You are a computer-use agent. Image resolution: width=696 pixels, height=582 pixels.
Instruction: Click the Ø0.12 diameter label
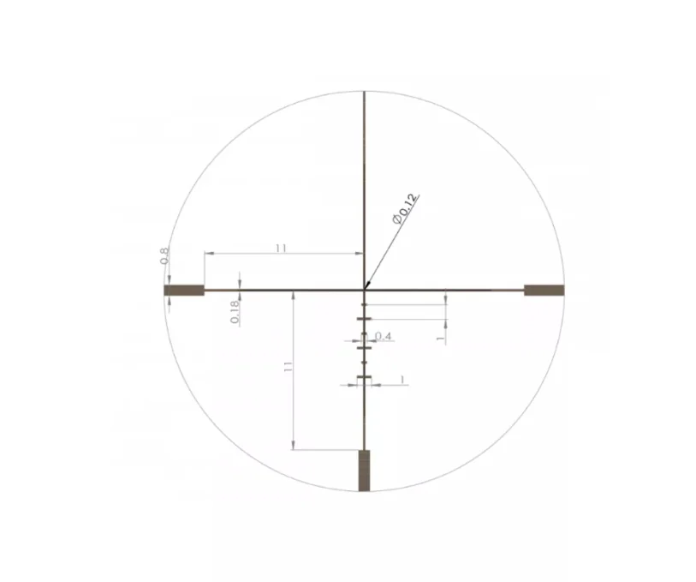point(405,209)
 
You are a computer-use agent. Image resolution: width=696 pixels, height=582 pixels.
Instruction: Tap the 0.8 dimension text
point(164,256)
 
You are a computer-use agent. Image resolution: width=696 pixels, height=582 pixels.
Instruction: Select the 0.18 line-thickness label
point(235,312)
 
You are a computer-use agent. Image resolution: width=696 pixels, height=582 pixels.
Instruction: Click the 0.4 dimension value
point(383,336)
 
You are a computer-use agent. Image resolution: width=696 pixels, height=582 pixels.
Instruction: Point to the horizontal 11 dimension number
point(281,248)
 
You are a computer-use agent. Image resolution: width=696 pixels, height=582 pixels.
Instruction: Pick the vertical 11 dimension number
point(289,367)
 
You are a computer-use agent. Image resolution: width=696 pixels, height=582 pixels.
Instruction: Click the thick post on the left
point(184,291)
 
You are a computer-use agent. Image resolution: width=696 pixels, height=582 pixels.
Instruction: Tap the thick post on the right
point(544,291)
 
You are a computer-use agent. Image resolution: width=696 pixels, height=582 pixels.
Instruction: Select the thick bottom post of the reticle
point(364,471)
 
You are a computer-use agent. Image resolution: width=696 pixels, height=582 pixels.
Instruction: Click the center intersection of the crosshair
point(365,291)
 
